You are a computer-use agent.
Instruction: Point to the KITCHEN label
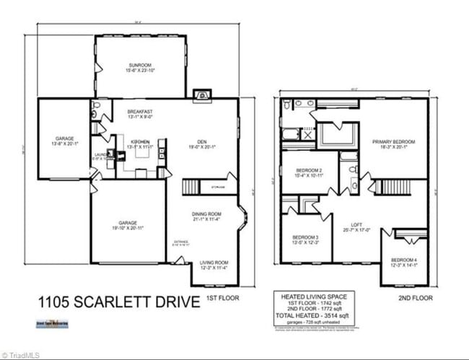(x=140, y=142)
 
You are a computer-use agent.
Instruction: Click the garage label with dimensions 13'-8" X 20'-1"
(x=65, y=139)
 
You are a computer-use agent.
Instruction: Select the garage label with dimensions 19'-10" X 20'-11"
(x=127, y=223)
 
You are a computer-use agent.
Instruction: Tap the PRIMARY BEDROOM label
(x=393, y=141)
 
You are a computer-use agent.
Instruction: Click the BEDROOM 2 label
(x=307, y=170)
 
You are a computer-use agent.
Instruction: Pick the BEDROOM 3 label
(x=306, y=238)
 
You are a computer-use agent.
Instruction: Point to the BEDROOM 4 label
(x=404, y=260)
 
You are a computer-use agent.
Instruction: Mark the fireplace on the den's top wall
(x=201, y=94)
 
